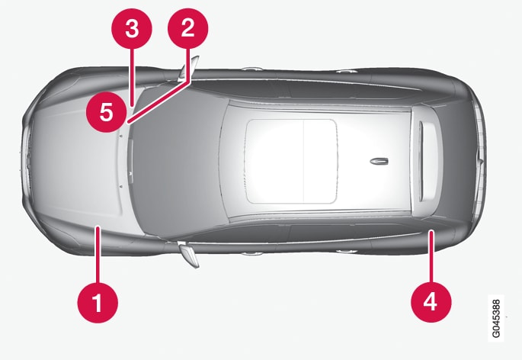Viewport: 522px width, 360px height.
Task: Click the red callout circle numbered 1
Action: pyautogui.click(x=98, y=303)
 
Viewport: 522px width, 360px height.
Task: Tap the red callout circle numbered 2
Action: pyautogui.click(x=187, y=28)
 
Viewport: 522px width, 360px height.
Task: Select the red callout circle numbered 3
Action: pyautogui.click(x=132, y=29)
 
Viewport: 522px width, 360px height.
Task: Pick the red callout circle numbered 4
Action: pyautogui.click(x=431, y=302)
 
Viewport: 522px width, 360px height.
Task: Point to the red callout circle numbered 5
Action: pyautogui.click(x=107, y=112)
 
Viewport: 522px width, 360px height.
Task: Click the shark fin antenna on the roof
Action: pyautogui.click(x=379, y=162)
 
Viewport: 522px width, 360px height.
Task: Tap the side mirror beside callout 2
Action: pyautogui.click(x=188, y=69)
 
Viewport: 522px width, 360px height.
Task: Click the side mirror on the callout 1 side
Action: pyautogui.click(x=189, y=254)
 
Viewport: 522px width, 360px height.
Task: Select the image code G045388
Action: pyautogui.click(x=496, y=319)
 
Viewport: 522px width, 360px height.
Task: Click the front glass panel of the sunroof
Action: pyautogui.click(x=275, y=162)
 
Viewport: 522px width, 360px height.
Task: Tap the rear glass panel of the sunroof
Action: pyautogui.click(x=320, y=162)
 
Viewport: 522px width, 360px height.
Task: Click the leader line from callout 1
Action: pyautogui.click(x=98, y=254)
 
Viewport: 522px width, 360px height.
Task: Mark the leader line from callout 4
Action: pyautogui.click(x=431, y=256)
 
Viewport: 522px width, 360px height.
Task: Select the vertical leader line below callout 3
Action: pyautogui.click(x=132, y=77)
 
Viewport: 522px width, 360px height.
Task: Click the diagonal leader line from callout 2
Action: pyautogui.click(x=159, y=102)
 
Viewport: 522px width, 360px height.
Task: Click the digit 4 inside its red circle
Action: pyautogui.click(x=431, y=301)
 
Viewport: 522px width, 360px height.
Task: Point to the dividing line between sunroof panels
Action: pyautogui.click(x=304, y=162)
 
